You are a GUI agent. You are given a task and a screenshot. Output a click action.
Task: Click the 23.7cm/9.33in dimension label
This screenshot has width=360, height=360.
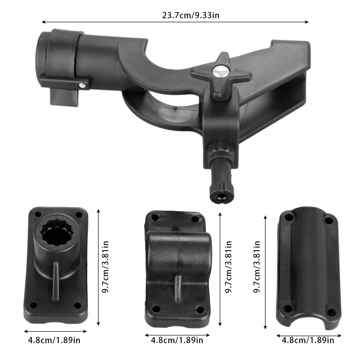[x=190, y=15]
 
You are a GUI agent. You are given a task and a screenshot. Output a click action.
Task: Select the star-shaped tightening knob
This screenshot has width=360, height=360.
[x=221, y=76]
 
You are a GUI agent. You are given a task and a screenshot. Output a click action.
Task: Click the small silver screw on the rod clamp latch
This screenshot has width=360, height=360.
[x=82, y=86]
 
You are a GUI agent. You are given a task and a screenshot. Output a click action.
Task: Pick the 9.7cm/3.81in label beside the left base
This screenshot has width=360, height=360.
[x=105, y=267]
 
